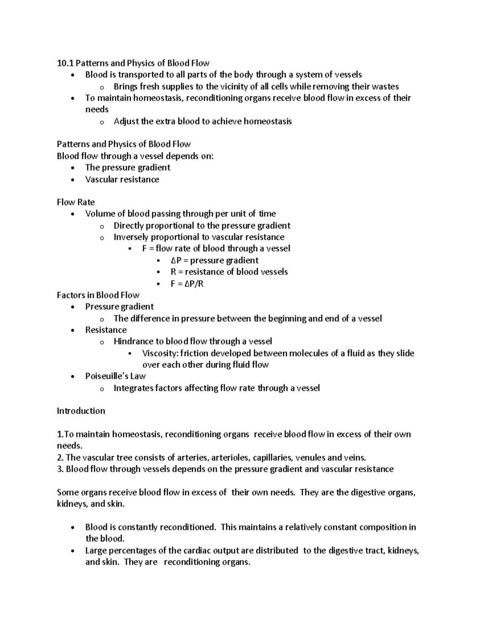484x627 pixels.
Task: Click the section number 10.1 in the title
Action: tap(65, 63)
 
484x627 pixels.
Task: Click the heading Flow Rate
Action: tap(76, 202)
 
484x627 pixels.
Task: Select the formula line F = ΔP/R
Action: tap(187, 284)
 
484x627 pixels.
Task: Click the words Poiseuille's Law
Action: tap(115, 376)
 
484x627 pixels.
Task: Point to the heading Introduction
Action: tap(81, 411)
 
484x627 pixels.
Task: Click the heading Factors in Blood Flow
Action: tap(98, 295)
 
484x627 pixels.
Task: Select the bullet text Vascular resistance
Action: tap(122, 180)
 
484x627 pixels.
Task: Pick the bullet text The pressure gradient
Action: tap(127, 168)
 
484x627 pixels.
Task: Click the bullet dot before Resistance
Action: tap(72, 331)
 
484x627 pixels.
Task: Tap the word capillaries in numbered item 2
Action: tap(273, 458)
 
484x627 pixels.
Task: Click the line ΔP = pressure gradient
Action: tap(215, 260)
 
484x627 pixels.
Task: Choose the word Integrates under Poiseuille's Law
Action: tap(134, 388)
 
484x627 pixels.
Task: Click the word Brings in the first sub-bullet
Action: tap(125, 86)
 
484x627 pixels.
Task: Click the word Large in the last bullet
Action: tap(95, 551)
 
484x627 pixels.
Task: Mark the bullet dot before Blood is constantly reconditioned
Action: tap(72, 528)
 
